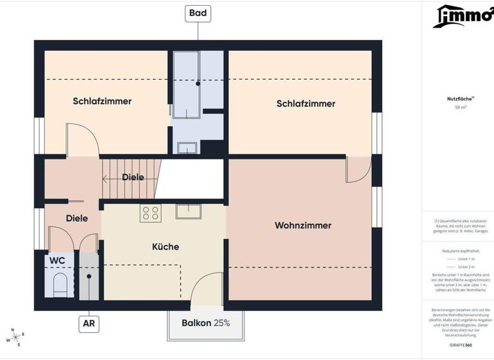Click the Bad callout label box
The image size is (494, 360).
click(x=198, y=13)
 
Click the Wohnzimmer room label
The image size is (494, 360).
click(x=303, y=226)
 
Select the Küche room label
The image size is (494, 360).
click(x=165, y=247)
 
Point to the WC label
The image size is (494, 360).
click(x=57, y=260)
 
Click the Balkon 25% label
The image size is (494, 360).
click(x=205, y=323)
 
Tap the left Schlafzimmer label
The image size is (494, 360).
click(x=102, y=102)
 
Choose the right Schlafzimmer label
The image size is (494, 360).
click(x=306, y=104)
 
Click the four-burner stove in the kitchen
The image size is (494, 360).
click(x=151, y=213)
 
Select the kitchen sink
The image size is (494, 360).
click(x=189, y=211)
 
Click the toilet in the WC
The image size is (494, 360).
click(x=60, y=283)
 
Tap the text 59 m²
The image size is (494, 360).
click(x=461, y=107)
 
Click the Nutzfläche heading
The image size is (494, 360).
click(x=461, y=98)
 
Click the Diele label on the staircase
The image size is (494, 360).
click(x=133, y=177)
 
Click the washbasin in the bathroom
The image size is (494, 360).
click(x=188, y=148)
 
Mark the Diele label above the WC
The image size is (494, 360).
click(x=77, y=219)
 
